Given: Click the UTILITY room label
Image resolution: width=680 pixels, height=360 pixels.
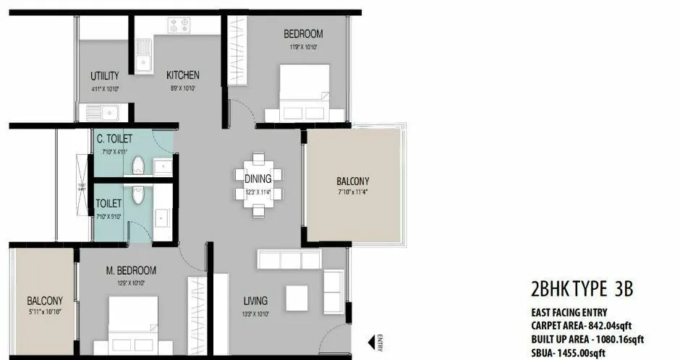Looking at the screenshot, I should tap(100, 76).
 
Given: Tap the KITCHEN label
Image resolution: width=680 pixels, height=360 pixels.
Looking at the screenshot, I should tap(182, 75).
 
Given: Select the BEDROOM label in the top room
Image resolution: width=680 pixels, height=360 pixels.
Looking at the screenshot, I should tap(303, 34).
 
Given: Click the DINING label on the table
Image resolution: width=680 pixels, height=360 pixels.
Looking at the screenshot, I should tap(258, 179).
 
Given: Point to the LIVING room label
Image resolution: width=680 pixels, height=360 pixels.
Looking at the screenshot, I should tap(255, 301).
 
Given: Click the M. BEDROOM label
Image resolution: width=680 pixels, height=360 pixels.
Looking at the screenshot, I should tap(131, 271).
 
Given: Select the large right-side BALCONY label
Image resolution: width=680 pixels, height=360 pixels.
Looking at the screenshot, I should tap(352, 181).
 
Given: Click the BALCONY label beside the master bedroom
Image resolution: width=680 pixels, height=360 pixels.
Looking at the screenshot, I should tap(45, 301).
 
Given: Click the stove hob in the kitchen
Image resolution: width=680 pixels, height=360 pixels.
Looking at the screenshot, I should tap(179, 25).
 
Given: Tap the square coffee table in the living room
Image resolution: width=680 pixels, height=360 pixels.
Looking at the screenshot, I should tap(297, 296).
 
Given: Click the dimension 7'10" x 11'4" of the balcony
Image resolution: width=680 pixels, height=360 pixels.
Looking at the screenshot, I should tap(352, 193).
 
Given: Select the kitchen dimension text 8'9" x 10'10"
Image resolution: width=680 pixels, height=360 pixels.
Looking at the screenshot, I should tap(182, 88).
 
